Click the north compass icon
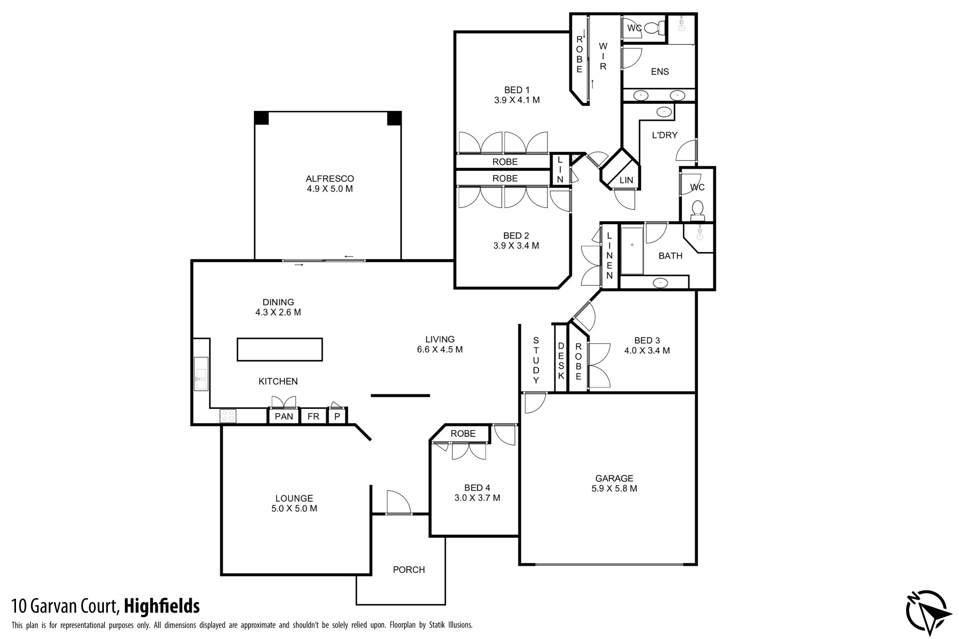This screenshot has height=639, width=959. pyautogui.click(x=928, y=613)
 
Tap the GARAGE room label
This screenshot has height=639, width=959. pyautogui.click(x=614, y=478)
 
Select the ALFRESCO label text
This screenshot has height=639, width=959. pyautogui.click(x=330, y=179)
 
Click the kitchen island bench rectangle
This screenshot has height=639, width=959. pyautogui.click(x=280, y=349)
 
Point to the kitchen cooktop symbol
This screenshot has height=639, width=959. pyautogui.click(x=228, y=416)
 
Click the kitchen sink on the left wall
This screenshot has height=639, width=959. pyautogui.click(x=201, y=373)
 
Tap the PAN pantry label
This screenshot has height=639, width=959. pyautogui.click(x=284, y=416)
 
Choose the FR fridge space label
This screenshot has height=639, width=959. pyautogui.click(x=313, y=416)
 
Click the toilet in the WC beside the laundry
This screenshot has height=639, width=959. pyautogui.click(x=697, y=210)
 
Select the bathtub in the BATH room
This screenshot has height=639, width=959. pyautogui.click(x=632, y=250)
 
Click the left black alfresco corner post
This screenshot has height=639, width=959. pyautogui.click(x=261, y=118)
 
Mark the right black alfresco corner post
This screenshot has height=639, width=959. pyautogui.click(x=394, y=118)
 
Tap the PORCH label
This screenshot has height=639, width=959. pyautogui.click(x=409, y=570)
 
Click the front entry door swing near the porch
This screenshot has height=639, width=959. pyautogui.click(x=398, y=502)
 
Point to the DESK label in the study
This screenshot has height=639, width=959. pyautogui.click(x=561, y=360)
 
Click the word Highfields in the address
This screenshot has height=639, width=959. pyautogui.click(x=161, y=606)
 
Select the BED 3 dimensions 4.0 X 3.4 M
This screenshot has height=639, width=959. pyautogui.click(x=647, y=350)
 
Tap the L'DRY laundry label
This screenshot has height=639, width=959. pyautogui.click(x=665, y=135)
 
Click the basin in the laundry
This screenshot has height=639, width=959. pyautogui.click(x=664, y=111)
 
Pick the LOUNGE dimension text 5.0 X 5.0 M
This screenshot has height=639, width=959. pyautogui.click(x=294, y=509)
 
